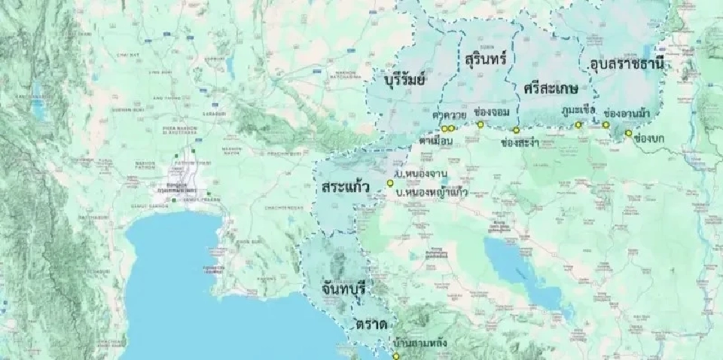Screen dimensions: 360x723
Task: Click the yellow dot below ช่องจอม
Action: click(x=480, y=124)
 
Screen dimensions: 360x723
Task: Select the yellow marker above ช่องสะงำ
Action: click(x=517, y=130)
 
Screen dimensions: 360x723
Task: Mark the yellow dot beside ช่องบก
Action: click(x=628, y=133)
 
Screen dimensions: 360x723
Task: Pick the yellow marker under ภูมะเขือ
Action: click(x=578, y=125)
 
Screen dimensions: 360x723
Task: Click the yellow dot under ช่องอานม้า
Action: click(x=606, y=125)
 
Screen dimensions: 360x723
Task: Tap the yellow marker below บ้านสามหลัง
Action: click(x=396, y=355)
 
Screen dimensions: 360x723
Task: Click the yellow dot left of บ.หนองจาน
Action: click(x=390, y=183)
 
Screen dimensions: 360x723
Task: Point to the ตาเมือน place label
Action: click(x=436, y=141)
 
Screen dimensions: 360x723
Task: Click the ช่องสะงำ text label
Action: click(x=520, y=142)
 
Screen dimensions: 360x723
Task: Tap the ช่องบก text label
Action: click(x=648, y=139)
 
